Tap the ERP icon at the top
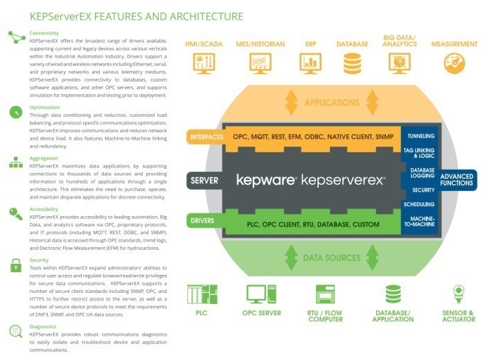coord(310,63)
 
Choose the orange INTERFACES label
coord(206,137)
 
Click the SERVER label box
coord(204,181)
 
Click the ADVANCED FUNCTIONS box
coord(458,179)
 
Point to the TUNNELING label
coord(421,136)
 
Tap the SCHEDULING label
coord(421,205)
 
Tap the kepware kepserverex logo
coord(310,181)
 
